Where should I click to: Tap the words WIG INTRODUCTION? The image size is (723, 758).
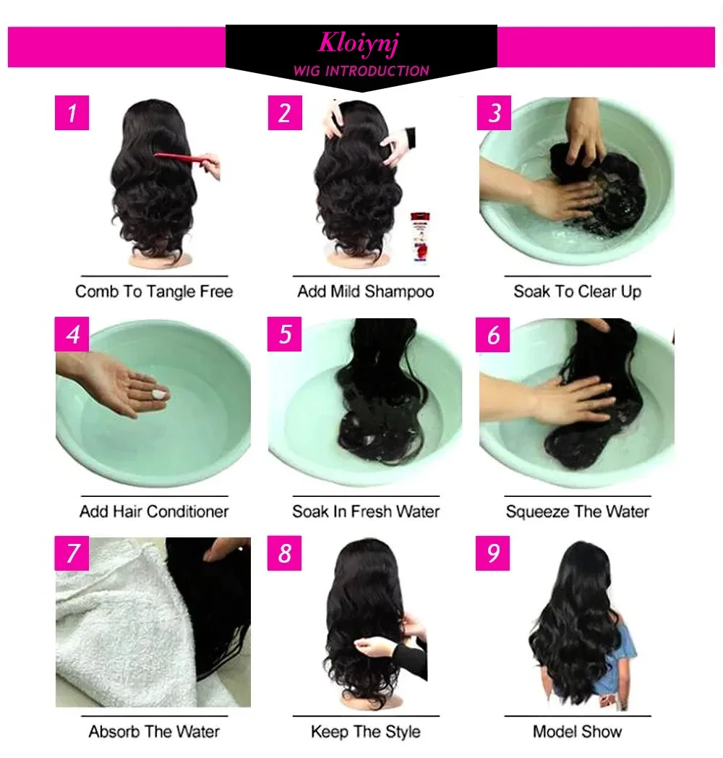coord(361,71)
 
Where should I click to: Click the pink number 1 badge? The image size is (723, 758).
coord(72,113)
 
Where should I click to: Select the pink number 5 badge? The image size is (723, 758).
coord(285,334)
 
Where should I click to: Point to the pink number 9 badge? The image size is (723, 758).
coord(492,553)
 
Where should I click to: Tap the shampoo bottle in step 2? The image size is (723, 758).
coord(420,237)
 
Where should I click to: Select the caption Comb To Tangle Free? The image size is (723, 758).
coord(154,291)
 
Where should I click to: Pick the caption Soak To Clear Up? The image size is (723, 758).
coord(578,291)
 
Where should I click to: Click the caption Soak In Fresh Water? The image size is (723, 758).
coord(366,511)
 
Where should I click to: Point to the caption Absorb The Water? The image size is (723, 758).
coord(154,731)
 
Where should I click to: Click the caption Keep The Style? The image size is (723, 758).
coord(366,732)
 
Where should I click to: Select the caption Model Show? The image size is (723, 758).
coord(578,731)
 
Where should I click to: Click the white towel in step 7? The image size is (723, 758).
coord(121,629)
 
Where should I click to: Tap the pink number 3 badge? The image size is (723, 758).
coord(494,113)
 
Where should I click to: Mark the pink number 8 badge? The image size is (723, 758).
coord(285,553)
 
